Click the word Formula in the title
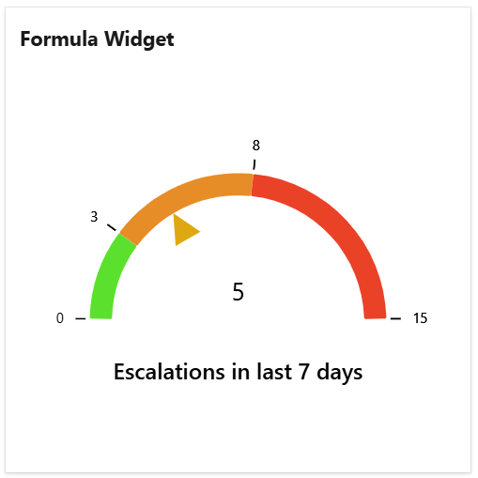click(58, 39)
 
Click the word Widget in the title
click(139, 39)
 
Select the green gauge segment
click(109, 277)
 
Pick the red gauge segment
click(338, 235)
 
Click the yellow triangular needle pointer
click(184, 229)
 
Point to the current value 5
click(238, 293)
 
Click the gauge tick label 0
click(60, 318)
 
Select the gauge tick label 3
click(94, 217)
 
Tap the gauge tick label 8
click(255, 146)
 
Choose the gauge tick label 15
click(420, 318)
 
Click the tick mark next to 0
click(80, 318)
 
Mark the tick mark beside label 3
click(112, 228)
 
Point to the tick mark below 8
click(254, 163)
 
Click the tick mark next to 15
click(395, 318)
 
